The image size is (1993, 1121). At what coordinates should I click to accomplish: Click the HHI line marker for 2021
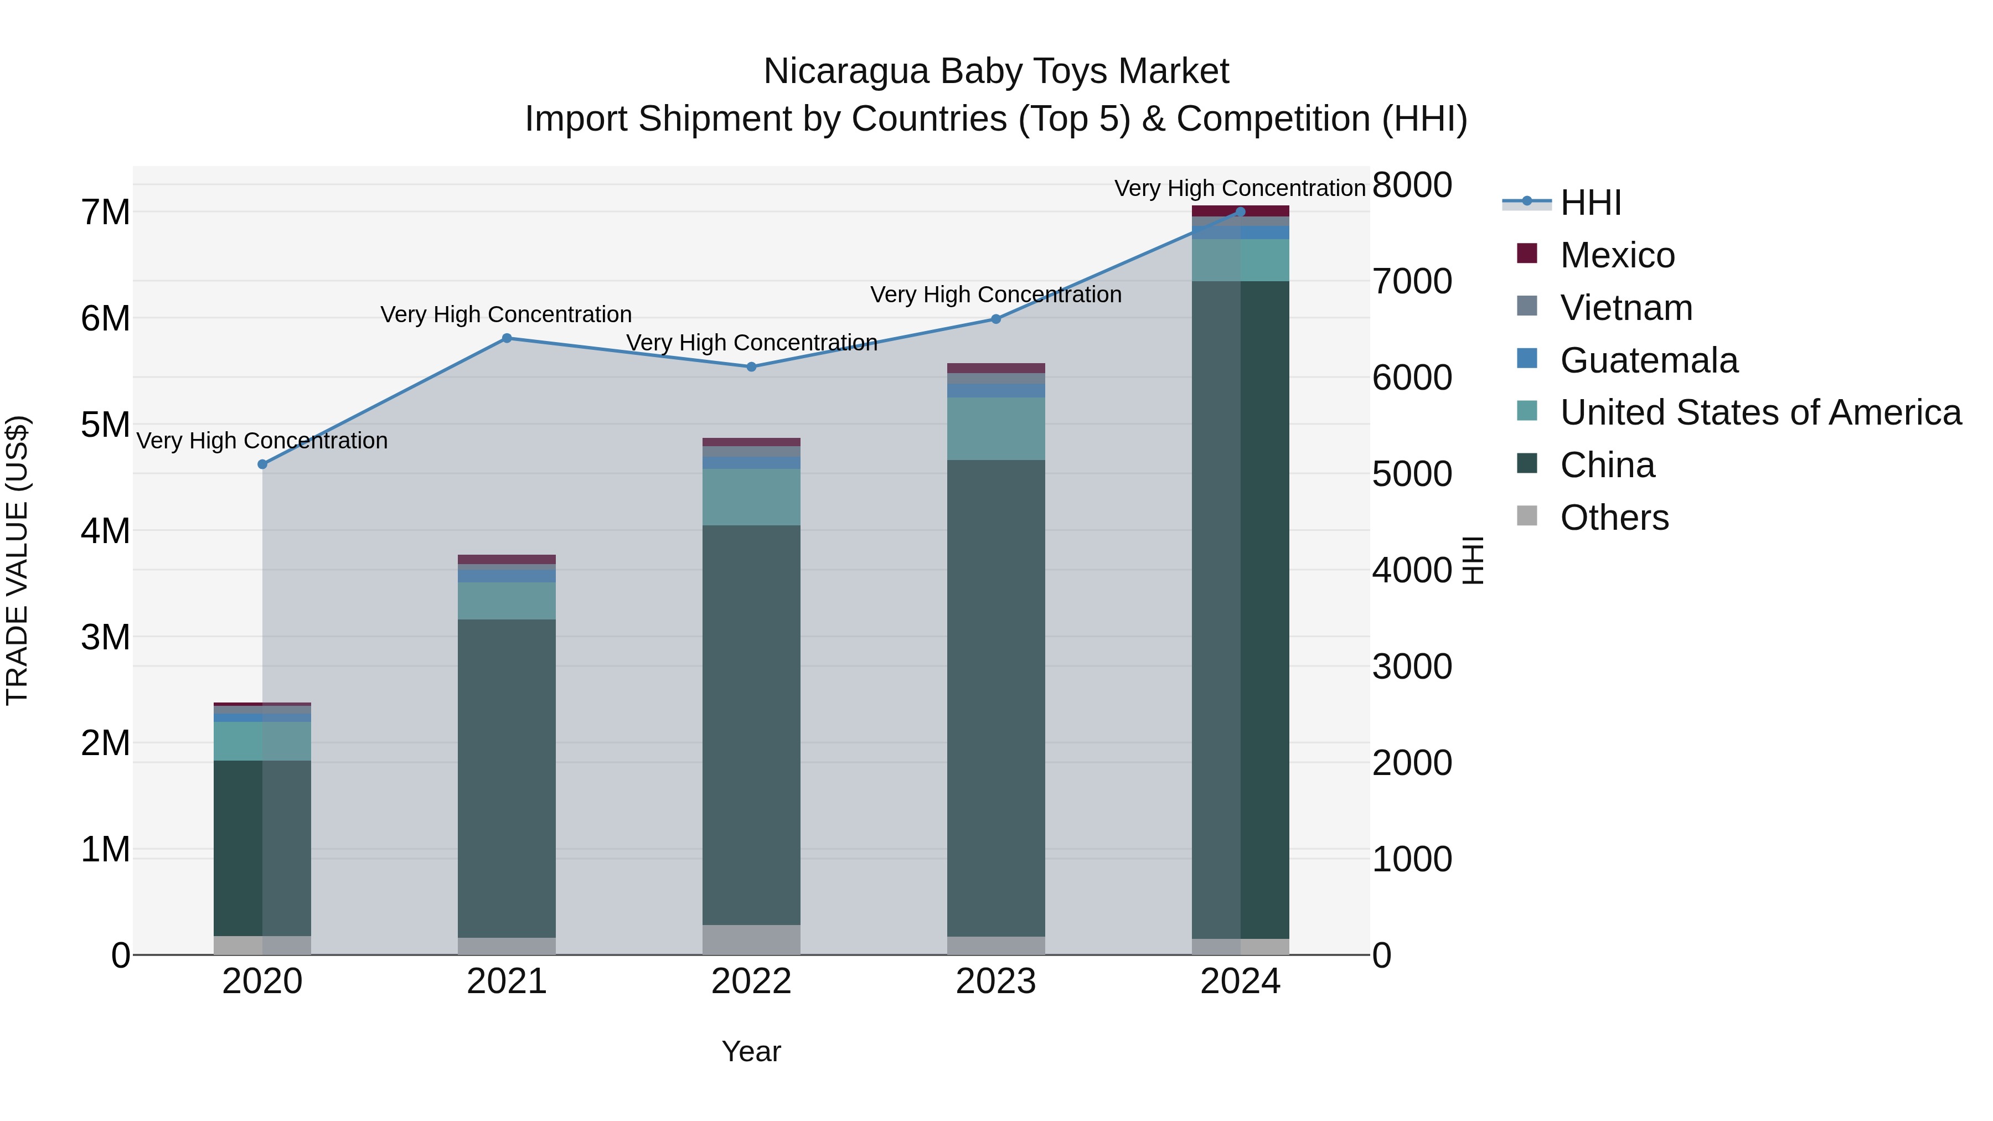(x=507, y=338)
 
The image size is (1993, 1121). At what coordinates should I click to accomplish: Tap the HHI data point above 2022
(x=751, y=366)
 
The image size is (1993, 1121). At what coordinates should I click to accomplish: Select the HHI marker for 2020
(x=262, y=464)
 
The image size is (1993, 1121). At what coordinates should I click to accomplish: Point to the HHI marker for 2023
(x=996, y=319)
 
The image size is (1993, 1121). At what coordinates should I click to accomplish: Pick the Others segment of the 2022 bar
(x=751, y=939)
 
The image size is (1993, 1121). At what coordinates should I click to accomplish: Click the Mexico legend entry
(x=1617, y=255)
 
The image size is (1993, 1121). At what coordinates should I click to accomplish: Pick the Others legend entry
(x=1614, y=518)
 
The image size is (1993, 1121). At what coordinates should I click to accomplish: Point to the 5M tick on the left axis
(x=105, y=425)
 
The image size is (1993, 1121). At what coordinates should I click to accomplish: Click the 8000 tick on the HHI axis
(x=1412, y=185)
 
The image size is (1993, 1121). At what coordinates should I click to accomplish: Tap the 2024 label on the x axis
(x=1240, y=981)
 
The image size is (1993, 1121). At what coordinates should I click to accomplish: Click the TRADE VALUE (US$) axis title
(x=18, y=560)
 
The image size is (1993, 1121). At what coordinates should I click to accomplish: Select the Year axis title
(x=751, y=1051)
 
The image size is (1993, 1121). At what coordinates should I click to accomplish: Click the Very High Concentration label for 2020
(x=262, y=441)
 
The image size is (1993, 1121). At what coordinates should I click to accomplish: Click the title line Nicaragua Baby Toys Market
(x=996, y=71)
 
